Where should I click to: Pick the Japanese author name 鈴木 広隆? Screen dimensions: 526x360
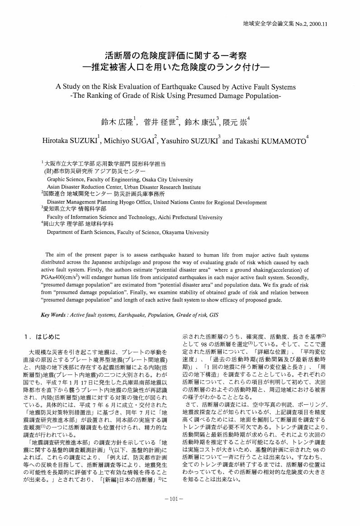(x=117, y=122)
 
